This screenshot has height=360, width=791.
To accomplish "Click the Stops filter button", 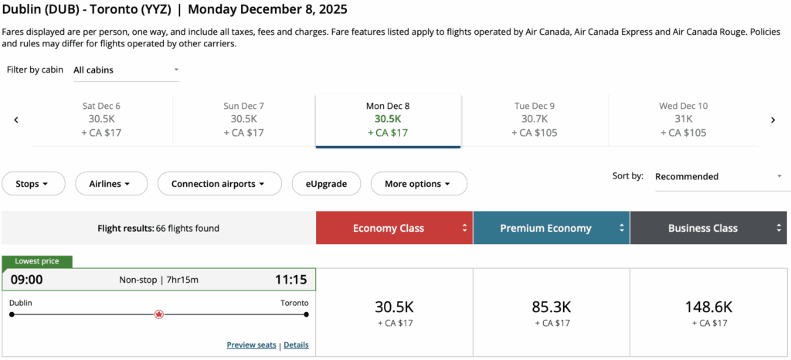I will [x=37, y=184].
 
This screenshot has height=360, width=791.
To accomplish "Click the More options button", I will [x=419, y=184].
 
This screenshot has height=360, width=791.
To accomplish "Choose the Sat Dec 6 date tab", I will [x=101, y=120].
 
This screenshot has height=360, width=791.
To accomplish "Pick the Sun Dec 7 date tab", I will [x=244, y=120].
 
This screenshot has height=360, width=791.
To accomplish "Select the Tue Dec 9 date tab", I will [x=534, y=120].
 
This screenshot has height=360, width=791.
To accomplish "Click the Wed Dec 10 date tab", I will [x=683, y=120].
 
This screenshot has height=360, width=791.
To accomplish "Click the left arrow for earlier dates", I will [x=16, y=120].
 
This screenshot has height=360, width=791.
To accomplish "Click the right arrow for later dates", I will [x=772, y=120].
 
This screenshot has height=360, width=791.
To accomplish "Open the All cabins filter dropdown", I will [x=126, y=70].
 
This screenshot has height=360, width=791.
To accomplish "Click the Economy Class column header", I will [x=395, y=228].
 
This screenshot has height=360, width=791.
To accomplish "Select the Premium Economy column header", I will [x=552, y=228].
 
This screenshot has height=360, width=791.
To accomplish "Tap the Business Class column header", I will [x=709, y=228].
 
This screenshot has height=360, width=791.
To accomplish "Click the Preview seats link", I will [x=251, y=345].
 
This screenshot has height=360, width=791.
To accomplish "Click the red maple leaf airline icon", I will [x=159, y=314].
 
